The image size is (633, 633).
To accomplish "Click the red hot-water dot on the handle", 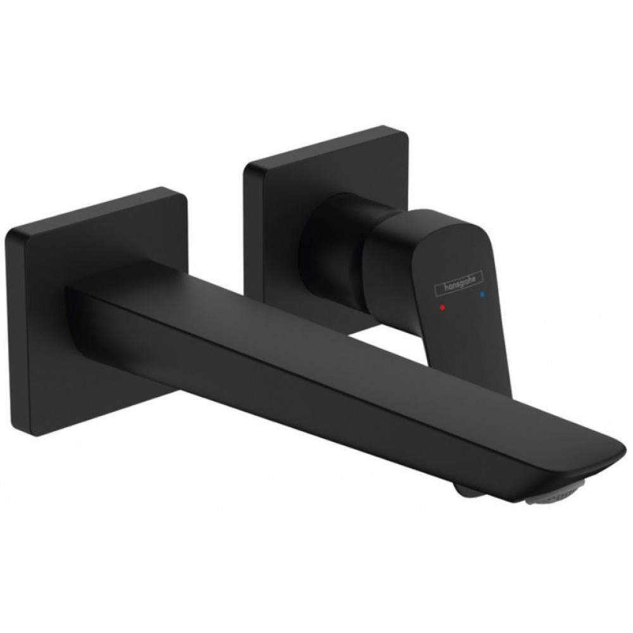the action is coord(442,307).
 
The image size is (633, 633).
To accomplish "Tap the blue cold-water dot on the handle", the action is coord(482,295).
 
